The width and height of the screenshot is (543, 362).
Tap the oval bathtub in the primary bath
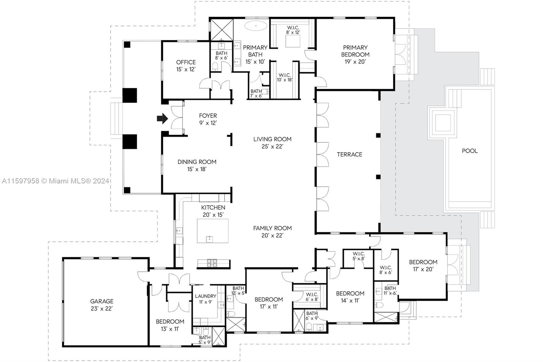click(x=256, y=26)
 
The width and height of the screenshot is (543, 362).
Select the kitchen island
click(x=212, y=231)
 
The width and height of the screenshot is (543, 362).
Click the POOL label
click(x=470, y=151)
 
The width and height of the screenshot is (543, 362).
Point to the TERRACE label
click(x=349, y=154)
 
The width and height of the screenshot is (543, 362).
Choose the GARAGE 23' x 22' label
click(x=101, y=305)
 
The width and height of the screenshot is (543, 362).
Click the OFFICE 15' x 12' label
click(x=186, y=66)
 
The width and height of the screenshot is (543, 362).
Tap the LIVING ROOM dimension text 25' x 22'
click(x=272, y=146)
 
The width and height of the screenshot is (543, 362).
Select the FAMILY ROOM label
click(x=273, y=228)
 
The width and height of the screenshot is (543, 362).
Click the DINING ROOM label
click(x=197, y=162)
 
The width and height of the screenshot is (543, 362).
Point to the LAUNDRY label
click(x=206, y=296)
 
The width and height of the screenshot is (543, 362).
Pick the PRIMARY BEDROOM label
click(x=355, y=51)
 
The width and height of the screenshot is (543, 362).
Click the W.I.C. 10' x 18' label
click(x=285, y=77)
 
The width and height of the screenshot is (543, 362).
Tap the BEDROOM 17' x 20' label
click(x=423, y=266)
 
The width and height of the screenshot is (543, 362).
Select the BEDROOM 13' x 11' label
click(x=170, y=325)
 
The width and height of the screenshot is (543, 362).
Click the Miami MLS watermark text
click(x=56, y=181)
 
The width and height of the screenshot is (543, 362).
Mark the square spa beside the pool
click(x=443, y=123)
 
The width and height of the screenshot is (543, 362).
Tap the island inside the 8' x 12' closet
click(x=293, y=41)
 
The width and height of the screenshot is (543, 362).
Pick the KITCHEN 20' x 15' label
click(x=213, y=211)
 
